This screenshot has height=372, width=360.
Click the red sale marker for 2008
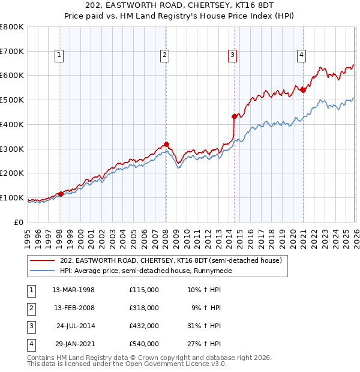click(x=166, y=144)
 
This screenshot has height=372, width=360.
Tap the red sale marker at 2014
click(x=234, y=116)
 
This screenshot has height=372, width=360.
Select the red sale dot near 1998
click(x=61, y=194)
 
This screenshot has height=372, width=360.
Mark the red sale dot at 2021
click(x=303, y=90)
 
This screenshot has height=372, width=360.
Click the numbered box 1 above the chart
click(x=59, y=55)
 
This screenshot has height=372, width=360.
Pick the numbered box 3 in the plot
click(x=232, y=55)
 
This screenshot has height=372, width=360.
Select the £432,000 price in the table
click(x=144, y=326)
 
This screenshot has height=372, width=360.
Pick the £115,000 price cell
click(x=144, y=290)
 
